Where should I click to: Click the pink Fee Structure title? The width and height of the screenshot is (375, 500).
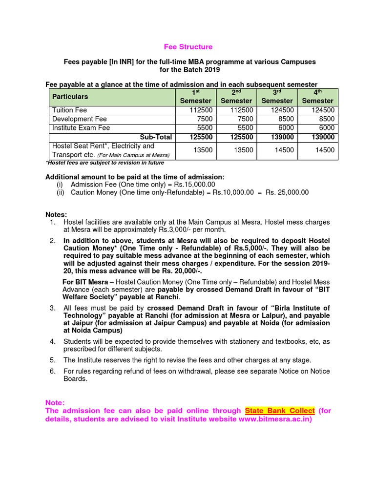tap(188, 47)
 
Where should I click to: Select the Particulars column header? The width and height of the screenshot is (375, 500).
tap(70, 97)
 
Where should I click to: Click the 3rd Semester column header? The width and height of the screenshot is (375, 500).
tap(277, 97)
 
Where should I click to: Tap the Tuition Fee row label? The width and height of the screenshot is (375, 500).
tap(69, 110)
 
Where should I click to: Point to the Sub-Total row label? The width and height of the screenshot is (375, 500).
tap(156, 137)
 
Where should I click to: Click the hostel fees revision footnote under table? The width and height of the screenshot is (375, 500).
tap(104, 163)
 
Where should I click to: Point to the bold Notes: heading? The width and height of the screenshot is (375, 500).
tap(56, 214)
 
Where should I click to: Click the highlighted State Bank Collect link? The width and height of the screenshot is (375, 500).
tap(280, 411)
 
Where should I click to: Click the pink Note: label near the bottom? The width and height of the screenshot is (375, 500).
tap(55, 402)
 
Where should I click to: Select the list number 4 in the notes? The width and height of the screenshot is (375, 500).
tap(52, 341)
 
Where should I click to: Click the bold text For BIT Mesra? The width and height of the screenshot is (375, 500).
tap(88, 282)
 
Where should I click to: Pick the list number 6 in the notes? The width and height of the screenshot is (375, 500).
tap(52, 371)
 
